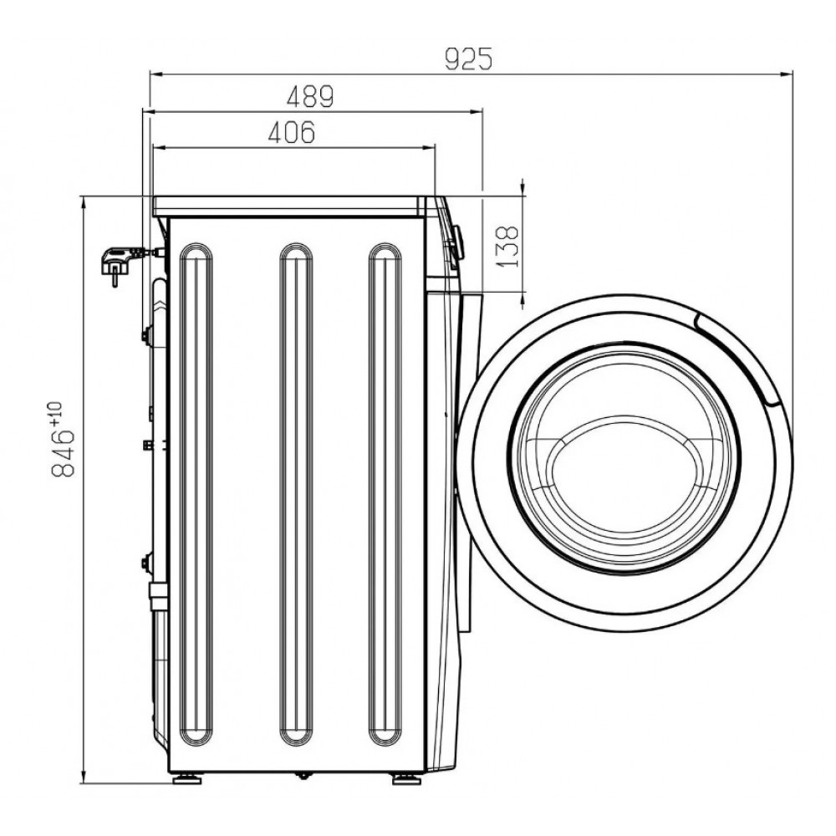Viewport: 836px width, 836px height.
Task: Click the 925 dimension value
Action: [x=469, y=59]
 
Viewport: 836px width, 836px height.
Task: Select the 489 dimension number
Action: [x=310, y=96]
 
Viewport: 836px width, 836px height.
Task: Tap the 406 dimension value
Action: [x=292, y=132]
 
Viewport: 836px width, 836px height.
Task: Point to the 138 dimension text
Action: [x=507, y=247]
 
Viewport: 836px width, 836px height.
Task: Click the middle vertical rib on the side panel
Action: [x=296, y=308]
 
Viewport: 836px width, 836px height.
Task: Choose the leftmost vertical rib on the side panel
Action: [x=196, y=308]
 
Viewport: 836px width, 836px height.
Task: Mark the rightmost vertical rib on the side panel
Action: [x=385, y=308]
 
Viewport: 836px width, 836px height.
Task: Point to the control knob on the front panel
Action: [x=457, y=242]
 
